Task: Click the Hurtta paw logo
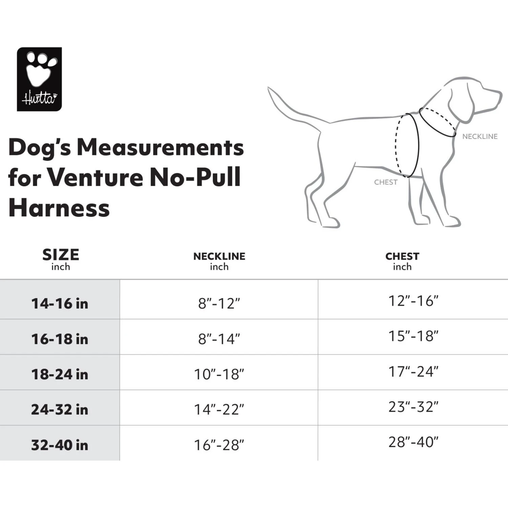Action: click(x=39, y=79)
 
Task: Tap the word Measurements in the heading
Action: click(x=160, y=148)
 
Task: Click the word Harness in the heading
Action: click(x=59, y=208)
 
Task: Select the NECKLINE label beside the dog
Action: click(x=480, y=136)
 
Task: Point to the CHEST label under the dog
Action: click(x=385, y=182)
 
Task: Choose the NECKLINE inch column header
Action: click(x=219, y=261)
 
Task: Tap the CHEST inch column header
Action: click(x=402, y=261)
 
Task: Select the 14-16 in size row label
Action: click(x=60, y=303)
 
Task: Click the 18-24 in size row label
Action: click(x=60, y=374)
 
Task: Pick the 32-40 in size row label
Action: click(x=60, y=445)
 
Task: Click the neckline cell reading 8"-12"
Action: click(x=219, y=303)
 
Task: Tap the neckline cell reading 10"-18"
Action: click(x=219, y=374)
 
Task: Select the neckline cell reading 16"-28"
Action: click(x=219, y=445)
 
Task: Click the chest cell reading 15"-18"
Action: click(x=413, y=336)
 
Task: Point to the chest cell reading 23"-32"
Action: click(x=413, y=407)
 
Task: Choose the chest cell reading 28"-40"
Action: click(x=413, y=442)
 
